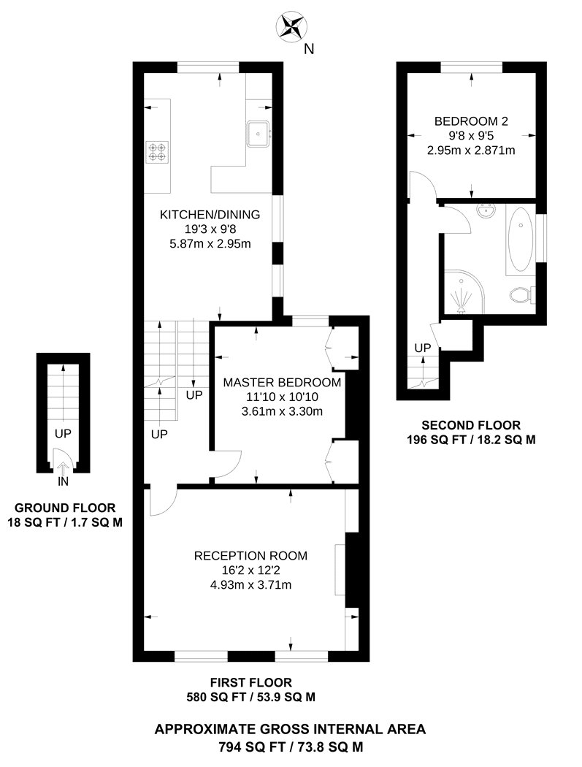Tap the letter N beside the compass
pyautogui.click(x=309, y=50)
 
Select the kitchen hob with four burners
pyautogui.click(x=157, y=150)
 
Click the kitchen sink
pyautogui.click(x=259, y=133)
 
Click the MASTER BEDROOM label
pyautogui.click(x=282, y=383)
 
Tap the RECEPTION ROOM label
pyautogui.click(x=250, y=556)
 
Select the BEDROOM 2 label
pyautogui.click(x=471, y=121)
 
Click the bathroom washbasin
pyautogui.click(x=486, y=212)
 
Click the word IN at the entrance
pyautogui.click(x=64, y=483)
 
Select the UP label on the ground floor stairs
pyautogui.click(x=64, y=434)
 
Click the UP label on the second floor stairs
pyautogui.click(x=423, y=348)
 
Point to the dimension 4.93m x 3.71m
pyautogui.click(x=250, y=584)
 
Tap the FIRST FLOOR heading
pyautogui.click(x=250, y=683)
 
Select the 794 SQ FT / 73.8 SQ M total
pyautogui.click(x=290, y=747)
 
